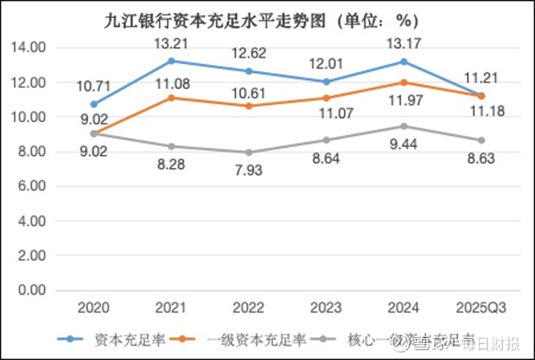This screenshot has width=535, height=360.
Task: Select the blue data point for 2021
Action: pyautogui.click(x=171, y=61)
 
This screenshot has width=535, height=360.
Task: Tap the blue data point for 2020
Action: pyautogui.click(x=93, y=104)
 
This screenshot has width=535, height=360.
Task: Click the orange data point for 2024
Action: pyautogui.click(x=404, y=82)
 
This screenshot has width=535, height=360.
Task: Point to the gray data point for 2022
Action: pyautogui.click(x=249, y=152)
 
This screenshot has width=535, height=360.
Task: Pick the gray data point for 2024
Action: pyautogui.click(x=404, y=126)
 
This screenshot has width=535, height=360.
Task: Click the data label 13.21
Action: pyautogui.click(x=171, y=42)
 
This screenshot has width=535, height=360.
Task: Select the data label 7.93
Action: pyautogui.click(x=248, y=170)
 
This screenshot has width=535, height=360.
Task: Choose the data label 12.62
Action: pyautogui.click(x=249, y=53)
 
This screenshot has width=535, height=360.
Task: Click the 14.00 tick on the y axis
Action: pyautogui.click(x=29, y=48)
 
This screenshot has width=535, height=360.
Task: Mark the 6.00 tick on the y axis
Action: pyautogui.click(x=29, y=187)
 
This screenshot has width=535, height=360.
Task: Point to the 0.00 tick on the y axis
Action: pyautogui.click(x=29, y=291)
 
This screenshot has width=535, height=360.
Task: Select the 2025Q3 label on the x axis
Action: pyautogui.click(x=481, y=308)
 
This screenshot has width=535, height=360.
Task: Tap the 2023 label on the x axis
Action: pyautogui.click(x=326, y=308)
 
